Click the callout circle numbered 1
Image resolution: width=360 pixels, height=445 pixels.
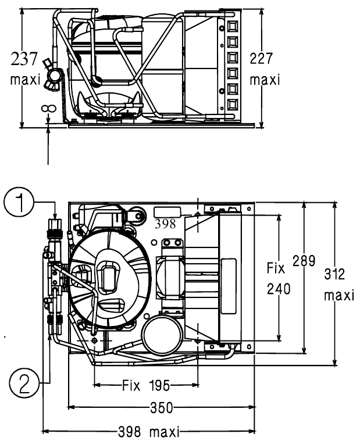[x=19, y=202]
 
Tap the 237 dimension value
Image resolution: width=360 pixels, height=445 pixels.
[x=24, y=59]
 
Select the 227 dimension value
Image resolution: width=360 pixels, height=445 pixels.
[x=261, y=58]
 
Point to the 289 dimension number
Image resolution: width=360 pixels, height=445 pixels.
[x=304, y=260]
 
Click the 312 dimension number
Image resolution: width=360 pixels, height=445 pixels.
[x=335, y=274]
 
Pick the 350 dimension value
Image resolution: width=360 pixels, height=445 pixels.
[x=161, y=408]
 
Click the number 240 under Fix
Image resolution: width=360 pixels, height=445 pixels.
[x=279, y=289]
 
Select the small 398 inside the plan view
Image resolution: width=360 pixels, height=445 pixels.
[x=165, y=224]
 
